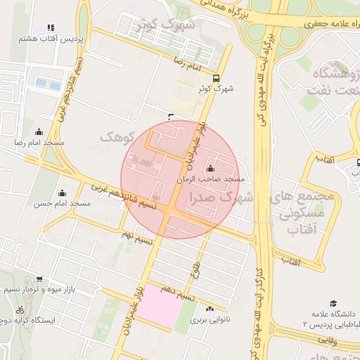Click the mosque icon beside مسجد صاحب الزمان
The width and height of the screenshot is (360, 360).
pos(211,169)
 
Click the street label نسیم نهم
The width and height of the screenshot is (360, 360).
pos(137,237)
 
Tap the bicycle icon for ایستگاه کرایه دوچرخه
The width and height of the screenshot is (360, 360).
pos(20,309)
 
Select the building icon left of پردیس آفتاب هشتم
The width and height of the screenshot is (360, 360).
pos(51,28)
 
